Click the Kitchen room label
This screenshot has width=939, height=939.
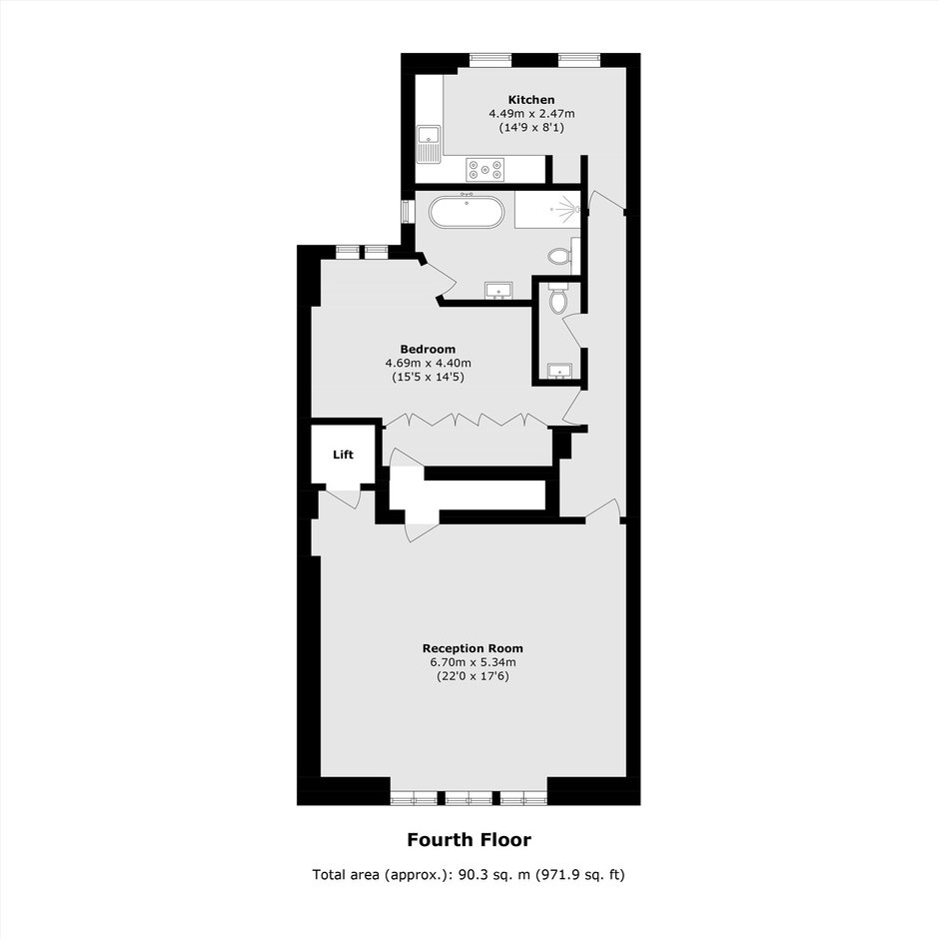(x=531, y=100)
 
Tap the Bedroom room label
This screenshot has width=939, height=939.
(x=428, y=350)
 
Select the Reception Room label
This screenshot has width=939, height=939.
(x=472, y=648)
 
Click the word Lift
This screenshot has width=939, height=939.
(x=344, y=455)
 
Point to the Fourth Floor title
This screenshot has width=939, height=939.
(x=469, y=839)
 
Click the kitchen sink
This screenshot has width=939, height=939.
(x=429, y=144)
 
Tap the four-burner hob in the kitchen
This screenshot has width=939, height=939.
(x=485, y=169)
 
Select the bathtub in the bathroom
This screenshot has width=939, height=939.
(x=467, y=212)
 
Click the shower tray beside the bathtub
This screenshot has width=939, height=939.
(x=547, y=209)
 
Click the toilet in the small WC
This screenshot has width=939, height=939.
(x=558, y=300)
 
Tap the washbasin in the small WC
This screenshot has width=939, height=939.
(x=560, y=371)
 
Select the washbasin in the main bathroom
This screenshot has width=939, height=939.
(x=498, y=291)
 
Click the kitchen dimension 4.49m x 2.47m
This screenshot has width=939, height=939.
(x=531, y=113)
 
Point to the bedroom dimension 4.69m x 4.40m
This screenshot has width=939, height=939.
(x=429, y=363)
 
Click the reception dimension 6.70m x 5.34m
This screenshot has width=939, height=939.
(x=472, y=662)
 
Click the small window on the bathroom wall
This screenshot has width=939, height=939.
(x=408, y=212)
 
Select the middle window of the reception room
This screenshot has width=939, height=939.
(x=469, y=798)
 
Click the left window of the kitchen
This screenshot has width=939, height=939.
(x=490, y=59)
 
